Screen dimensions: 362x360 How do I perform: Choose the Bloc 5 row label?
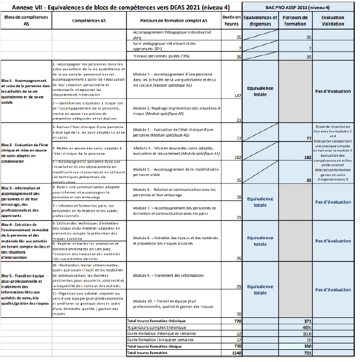pyautogui.click(x=24, y=290)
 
